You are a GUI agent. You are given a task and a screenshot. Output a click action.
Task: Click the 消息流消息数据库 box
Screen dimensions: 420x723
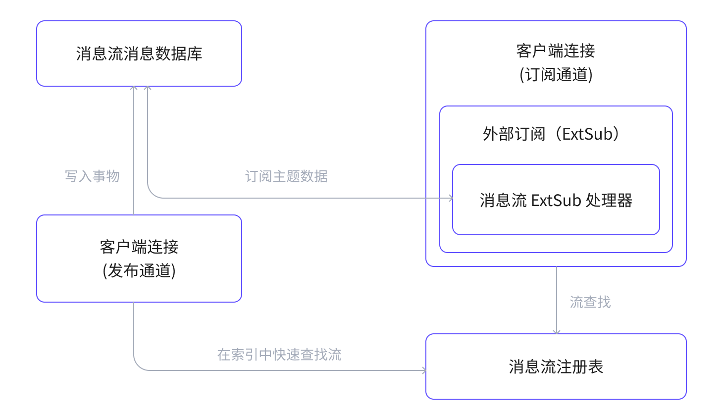pos(139,53)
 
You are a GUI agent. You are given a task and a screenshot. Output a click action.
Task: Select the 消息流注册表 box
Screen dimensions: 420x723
pos(556,367)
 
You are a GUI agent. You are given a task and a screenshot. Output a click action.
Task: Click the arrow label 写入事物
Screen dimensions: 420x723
pos(92,176)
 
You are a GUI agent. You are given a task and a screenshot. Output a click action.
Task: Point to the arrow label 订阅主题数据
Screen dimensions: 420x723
pos(286,176)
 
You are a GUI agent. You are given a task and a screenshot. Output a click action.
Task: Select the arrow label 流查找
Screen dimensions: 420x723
pos(590,302)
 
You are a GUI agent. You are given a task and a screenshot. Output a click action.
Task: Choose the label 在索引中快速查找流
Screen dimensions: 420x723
pos(279,355)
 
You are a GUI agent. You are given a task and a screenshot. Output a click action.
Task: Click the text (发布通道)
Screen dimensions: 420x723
pos(139,271)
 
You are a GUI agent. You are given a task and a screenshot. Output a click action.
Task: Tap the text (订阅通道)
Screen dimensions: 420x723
pos(556,75)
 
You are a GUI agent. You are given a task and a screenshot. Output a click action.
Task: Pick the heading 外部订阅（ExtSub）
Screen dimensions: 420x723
pos(551,134)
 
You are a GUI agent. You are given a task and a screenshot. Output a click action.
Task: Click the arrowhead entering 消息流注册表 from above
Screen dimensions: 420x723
pos(557,332)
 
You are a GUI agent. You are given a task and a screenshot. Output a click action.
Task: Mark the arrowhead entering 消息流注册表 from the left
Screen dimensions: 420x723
pos(423,370)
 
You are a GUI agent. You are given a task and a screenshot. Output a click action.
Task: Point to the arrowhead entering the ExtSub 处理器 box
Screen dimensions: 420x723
pos(450,198)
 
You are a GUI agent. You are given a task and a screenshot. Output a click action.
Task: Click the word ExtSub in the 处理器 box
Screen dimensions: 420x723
pos(556,201)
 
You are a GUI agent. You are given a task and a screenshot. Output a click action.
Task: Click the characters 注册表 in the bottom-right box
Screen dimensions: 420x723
pos(580,367)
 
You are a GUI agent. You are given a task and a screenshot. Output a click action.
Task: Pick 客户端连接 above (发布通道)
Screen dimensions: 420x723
pos(139,247)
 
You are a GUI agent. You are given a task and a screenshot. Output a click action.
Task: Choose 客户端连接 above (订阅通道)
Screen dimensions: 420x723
pos(556,51)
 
